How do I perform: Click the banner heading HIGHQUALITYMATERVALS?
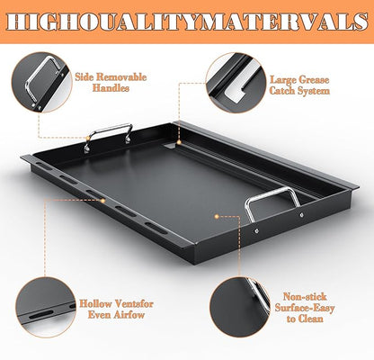coord(187,22)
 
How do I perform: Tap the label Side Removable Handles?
coord(111,82)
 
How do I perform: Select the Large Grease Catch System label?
coord(299,85)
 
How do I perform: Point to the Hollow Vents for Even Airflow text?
coord(116,310)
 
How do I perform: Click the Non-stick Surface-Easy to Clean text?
coord(305,308)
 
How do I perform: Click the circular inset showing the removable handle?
coord(41,83)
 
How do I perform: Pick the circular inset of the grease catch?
coord(236,83)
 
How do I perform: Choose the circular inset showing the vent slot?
coord(45,308)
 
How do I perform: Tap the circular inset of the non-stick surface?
coord(240,308)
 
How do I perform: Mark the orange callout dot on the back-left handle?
coord(88,138)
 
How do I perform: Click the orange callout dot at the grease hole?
coord(179,142)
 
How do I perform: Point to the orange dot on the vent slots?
coord(102,201)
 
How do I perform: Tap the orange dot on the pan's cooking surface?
coord(217,216)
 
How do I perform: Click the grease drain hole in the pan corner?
coord(171,146)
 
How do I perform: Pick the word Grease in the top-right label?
coord(313,80)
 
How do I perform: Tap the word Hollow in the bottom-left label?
coord(95,303)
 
